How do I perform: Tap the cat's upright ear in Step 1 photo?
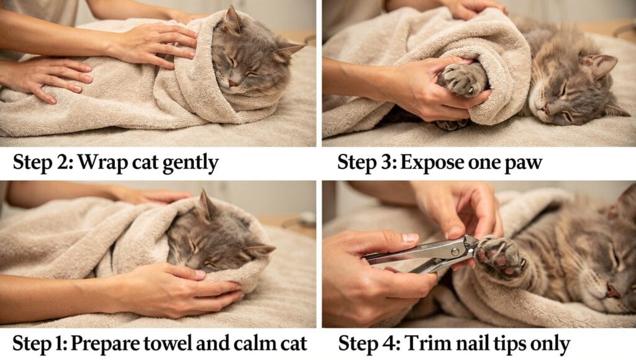tap(203, 205)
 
